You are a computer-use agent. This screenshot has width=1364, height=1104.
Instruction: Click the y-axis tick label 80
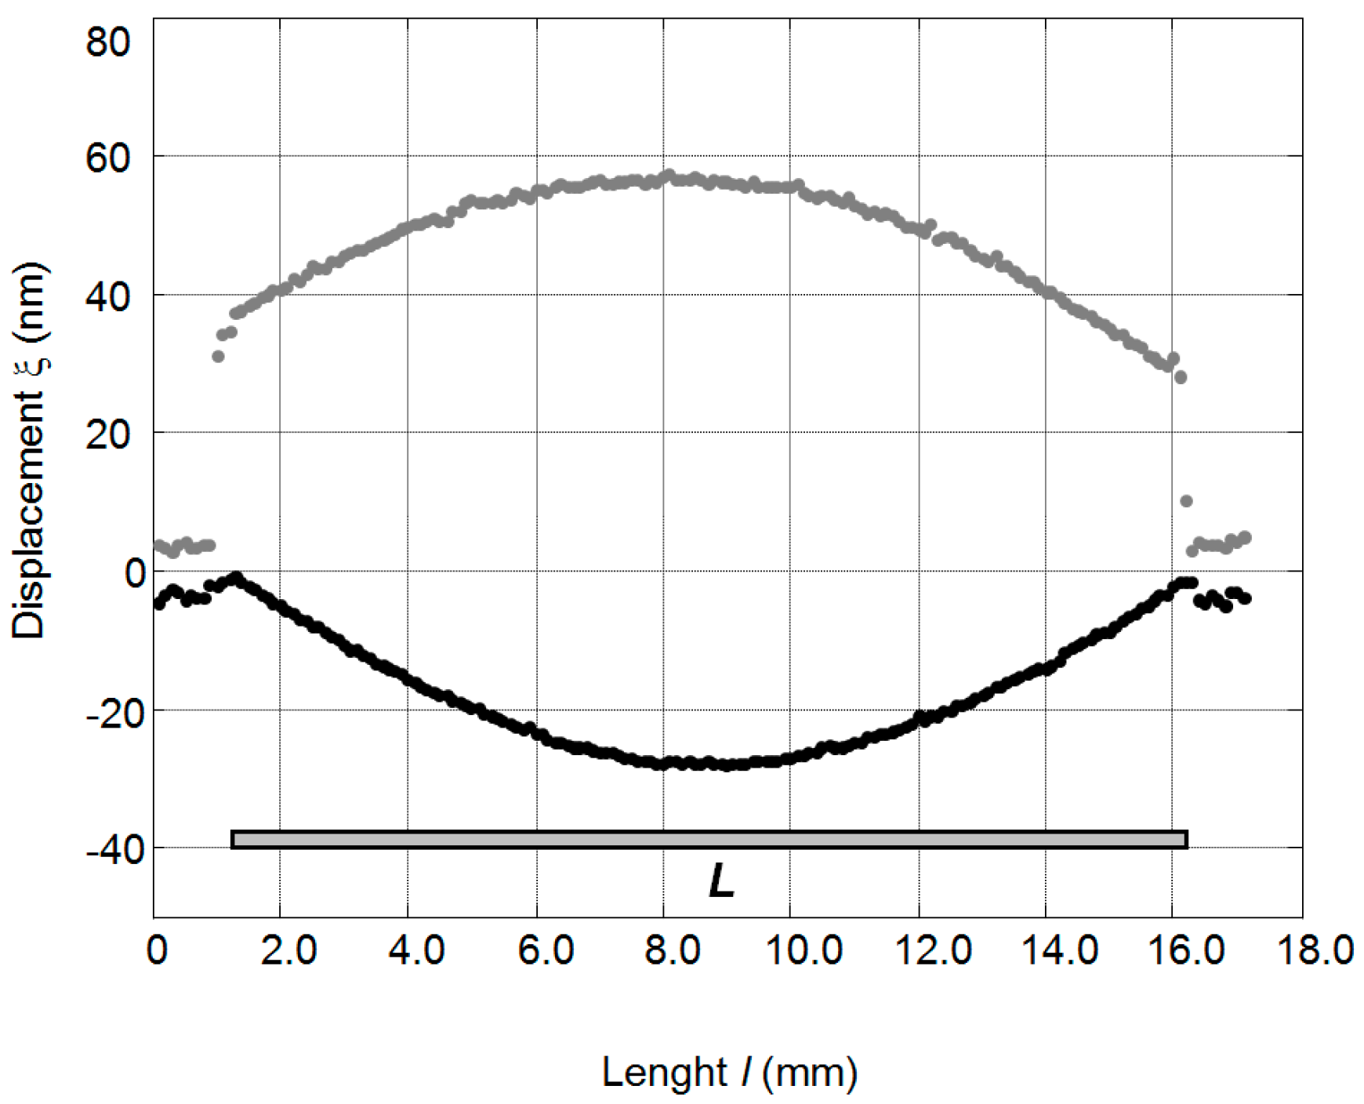pos(108,41)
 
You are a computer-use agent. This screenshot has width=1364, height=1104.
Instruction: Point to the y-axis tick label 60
pos(108,158)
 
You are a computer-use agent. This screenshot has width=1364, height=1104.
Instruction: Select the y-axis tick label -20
pos(116,713)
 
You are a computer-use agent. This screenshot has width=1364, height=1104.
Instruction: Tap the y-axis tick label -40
pos(116,850)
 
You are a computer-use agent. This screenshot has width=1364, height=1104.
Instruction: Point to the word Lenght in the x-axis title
pos(665,1072)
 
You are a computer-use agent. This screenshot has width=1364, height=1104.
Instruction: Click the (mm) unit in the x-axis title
pos(810,1072)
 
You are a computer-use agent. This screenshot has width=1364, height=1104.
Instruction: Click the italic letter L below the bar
pos(721,881)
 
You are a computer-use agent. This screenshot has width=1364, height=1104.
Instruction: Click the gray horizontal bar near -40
pos(709,840)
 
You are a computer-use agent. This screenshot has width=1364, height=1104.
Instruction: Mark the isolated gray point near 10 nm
pos(1186,501)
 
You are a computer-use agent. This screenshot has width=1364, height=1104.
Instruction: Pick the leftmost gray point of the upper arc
pos(218,357)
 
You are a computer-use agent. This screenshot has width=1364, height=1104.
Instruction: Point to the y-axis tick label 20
pos(108,435)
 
